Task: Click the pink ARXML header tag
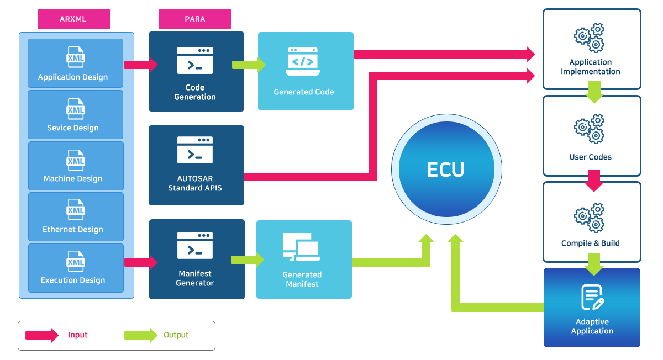click(73, 19)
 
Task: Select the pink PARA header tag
click(194, 19)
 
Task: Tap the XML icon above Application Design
click(75, 57)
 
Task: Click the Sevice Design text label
click(73, 128)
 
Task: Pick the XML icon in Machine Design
click(75, 159)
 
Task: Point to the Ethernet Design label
click(73, 230)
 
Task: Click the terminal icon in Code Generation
click(195, 60)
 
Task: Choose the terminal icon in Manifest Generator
click(195, 245)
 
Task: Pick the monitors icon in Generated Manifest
click(301, 247)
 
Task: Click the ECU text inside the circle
click(446, 170)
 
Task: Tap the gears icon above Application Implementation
click(590, 38)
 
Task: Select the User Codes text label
click(591, 157)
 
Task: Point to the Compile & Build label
click(591, 243)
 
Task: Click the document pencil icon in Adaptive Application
click(592, 297)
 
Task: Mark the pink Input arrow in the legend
click(42, 335)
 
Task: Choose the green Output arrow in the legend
click(140, 335)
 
